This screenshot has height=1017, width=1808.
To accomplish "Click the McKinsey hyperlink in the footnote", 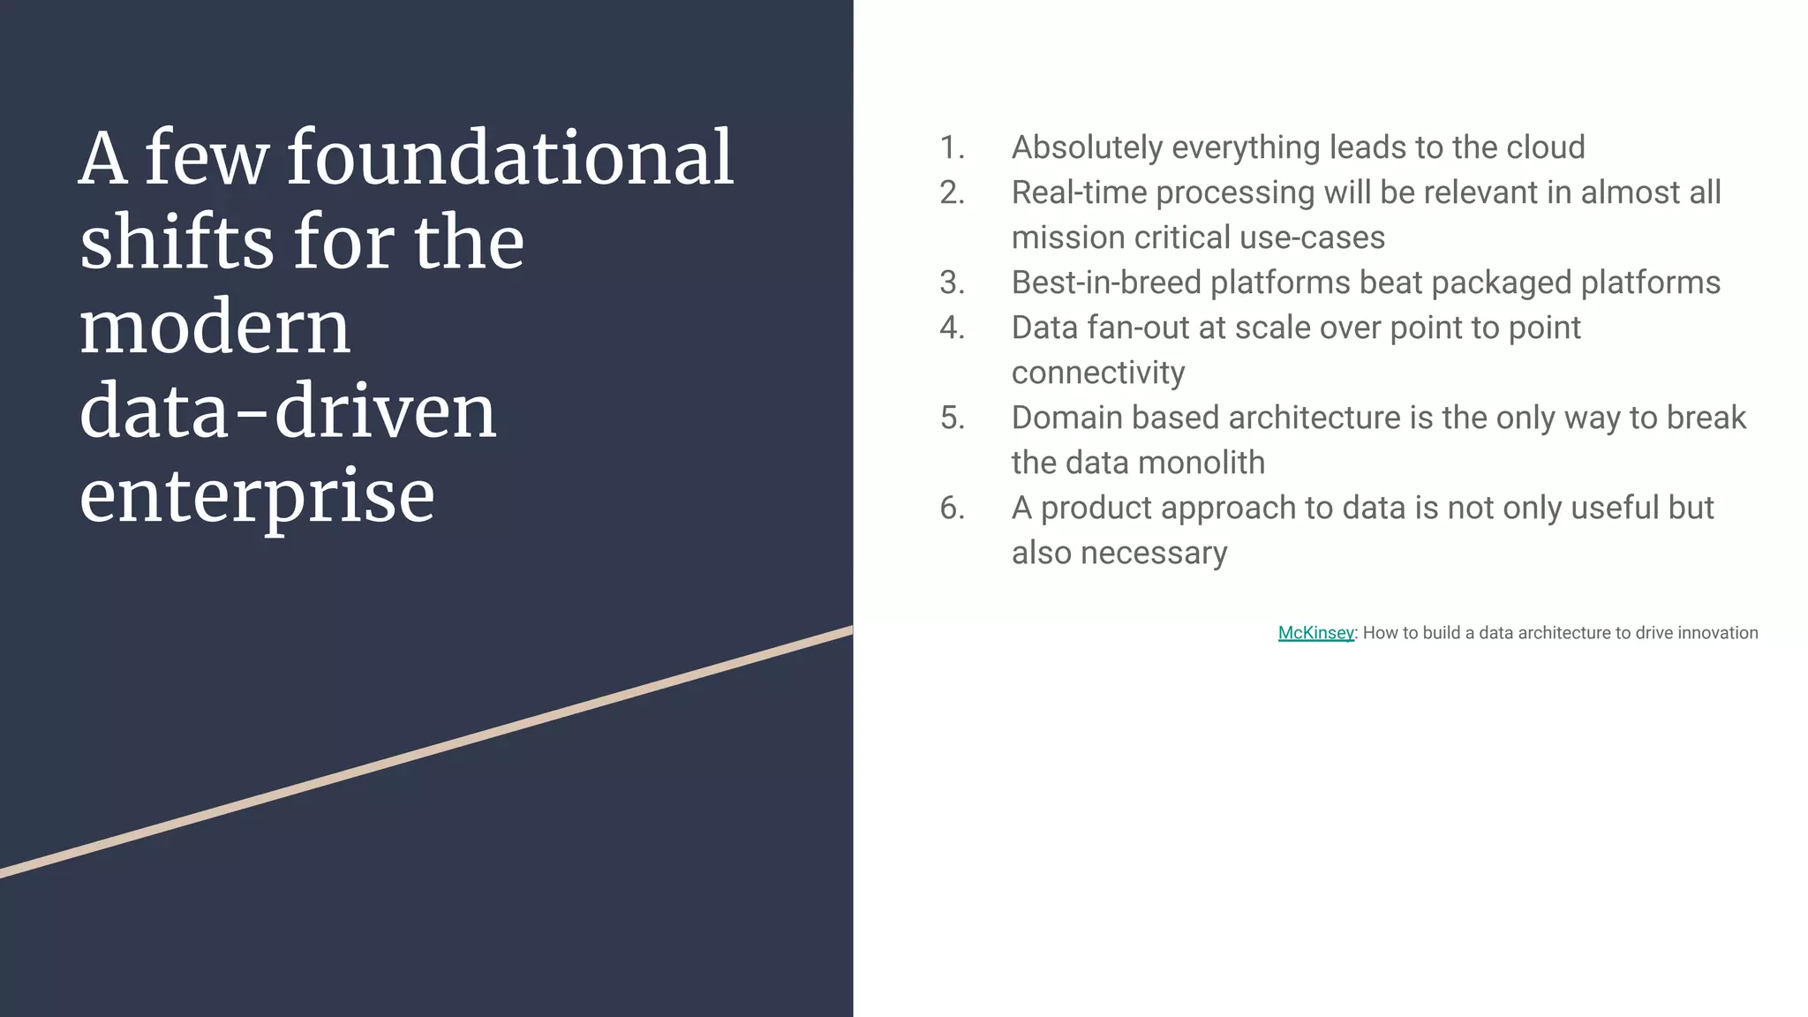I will [x=1315, y=633].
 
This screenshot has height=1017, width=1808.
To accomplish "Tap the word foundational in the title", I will [x=510, y=159].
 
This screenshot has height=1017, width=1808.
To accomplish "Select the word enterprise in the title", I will [x=257, y=497].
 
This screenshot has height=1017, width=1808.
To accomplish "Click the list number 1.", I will [x=952, y=147].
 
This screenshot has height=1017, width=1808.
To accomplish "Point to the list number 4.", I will [x=952, y=328].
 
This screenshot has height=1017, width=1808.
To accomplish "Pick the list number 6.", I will [x=952, y=508].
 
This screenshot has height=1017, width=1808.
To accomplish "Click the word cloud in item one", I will [x=1545, y=147].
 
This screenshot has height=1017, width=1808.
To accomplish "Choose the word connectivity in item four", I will [x=1098, y=373].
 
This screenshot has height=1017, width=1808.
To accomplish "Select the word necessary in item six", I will [x=1154, y=554].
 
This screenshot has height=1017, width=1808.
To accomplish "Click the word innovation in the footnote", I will [x=1717, y=633].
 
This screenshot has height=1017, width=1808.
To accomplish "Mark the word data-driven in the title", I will [x=288, y=412].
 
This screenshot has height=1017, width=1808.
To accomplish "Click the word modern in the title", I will [x=215, y=328].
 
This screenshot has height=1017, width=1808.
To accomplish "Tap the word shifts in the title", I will [x=177, y=243].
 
